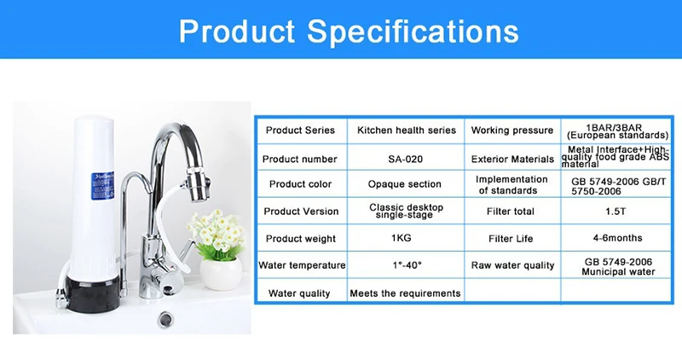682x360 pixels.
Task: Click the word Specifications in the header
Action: (x=413, y=32)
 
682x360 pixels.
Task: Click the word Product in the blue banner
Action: (x=237, y=31)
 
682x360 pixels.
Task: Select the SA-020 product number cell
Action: (x=406, y=160)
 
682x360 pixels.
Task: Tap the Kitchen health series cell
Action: (x=407, y=131)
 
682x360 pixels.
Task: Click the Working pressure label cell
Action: (x=512, y=131)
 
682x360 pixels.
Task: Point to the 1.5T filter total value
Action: (x=616, y=211)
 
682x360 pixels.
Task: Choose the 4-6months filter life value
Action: (x=617, y=238)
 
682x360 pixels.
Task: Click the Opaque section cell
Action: (x=404, y=184)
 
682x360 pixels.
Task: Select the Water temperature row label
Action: (x=302, y=265)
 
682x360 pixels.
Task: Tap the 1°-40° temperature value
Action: (x=407, y=264)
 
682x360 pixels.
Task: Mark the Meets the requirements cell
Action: (x=406, y=293)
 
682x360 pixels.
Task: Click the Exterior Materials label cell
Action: (x=512, y=160)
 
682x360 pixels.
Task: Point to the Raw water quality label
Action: (x=513, y=265)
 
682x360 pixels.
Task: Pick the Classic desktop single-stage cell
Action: (x=407, y=211)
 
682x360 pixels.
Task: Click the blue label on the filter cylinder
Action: (x=102, y=186)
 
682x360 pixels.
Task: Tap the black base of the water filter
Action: (x=92, y=293)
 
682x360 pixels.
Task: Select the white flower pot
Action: (x=221, y=273)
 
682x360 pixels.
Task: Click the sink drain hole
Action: (x=165, y=319)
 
